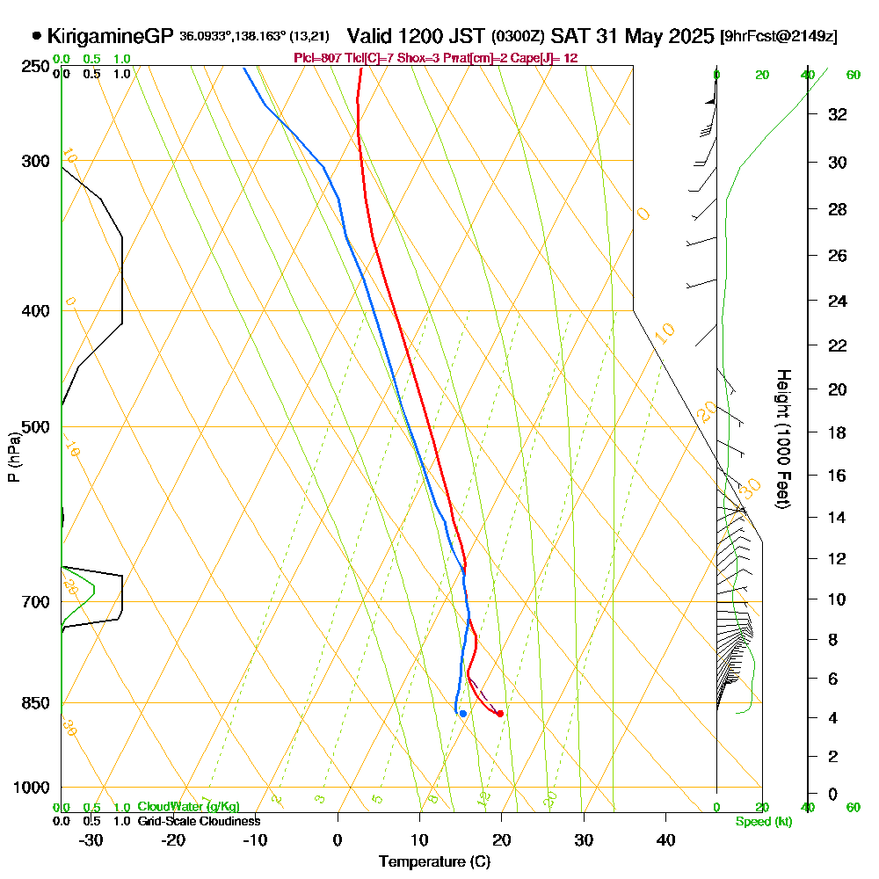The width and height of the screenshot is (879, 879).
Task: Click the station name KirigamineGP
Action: [111, 37]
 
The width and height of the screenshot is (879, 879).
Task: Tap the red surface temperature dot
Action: [499, 714]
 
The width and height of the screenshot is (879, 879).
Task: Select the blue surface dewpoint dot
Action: [462, 713]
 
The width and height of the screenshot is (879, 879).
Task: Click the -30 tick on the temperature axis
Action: [91, 839]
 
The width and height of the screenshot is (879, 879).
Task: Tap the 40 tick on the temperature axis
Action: [666, 839]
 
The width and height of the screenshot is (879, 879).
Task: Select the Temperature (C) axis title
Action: [434, 862]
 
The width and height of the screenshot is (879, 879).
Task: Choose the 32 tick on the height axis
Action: [838, 114]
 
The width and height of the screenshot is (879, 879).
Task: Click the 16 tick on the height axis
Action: [838, 476]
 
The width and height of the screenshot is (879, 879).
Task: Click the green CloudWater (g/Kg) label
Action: [188, 807]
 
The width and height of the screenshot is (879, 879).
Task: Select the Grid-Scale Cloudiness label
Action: [199, 821]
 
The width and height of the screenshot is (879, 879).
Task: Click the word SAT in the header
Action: [570, 37]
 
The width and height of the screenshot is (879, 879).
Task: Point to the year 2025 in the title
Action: [690, 37]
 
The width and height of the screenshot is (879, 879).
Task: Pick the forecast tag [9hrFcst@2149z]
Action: [778, 37]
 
